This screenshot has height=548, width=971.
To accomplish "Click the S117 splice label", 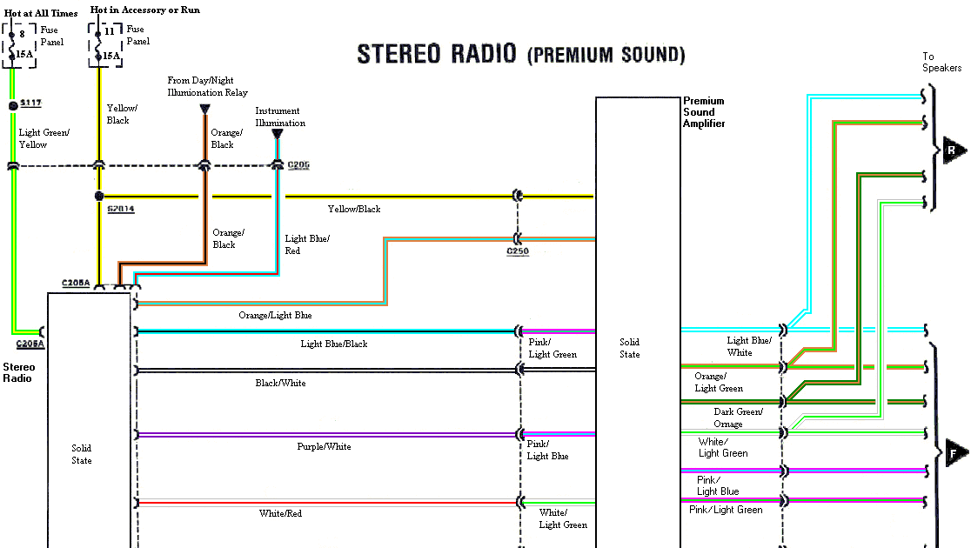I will [30, 104].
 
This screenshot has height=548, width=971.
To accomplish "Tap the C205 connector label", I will [298, 164].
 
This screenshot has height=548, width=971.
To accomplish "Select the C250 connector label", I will [518, 252].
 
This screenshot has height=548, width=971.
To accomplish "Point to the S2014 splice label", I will [121, 210].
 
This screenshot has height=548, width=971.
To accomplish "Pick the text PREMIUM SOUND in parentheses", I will [606, 56].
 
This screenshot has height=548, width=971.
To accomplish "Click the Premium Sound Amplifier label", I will [704, 112].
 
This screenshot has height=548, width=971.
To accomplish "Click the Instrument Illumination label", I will [280, 117].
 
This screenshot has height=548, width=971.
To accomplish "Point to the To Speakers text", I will [941, 62].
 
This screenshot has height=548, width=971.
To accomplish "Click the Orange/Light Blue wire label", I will [275, 315].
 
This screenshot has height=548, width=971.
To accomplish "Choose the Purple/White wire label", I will [324, 446].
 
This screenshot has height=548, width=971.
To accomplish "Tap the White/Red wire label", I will [281, 514].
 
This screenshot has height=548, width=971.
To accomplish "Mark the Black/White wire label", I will [280, 383].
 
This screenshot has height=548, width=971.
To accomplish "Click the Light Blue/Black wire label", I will [334, 344].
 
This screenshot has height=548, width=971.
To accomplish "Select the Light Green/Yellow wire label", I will [44, 138].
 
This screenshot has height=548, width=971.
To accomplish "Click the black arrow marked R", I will [954, 150].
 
